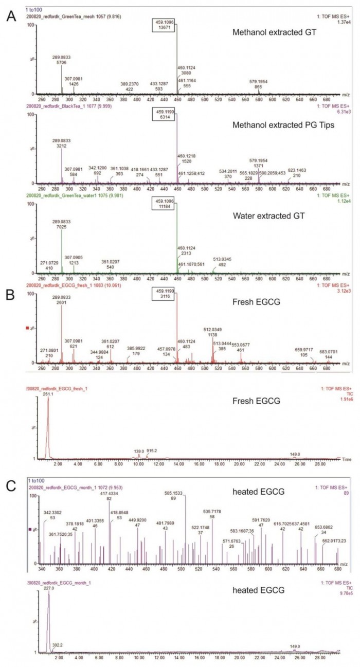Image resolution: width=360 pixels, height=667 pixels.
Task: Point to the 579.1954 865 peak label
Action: click(x=259, y=84)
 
